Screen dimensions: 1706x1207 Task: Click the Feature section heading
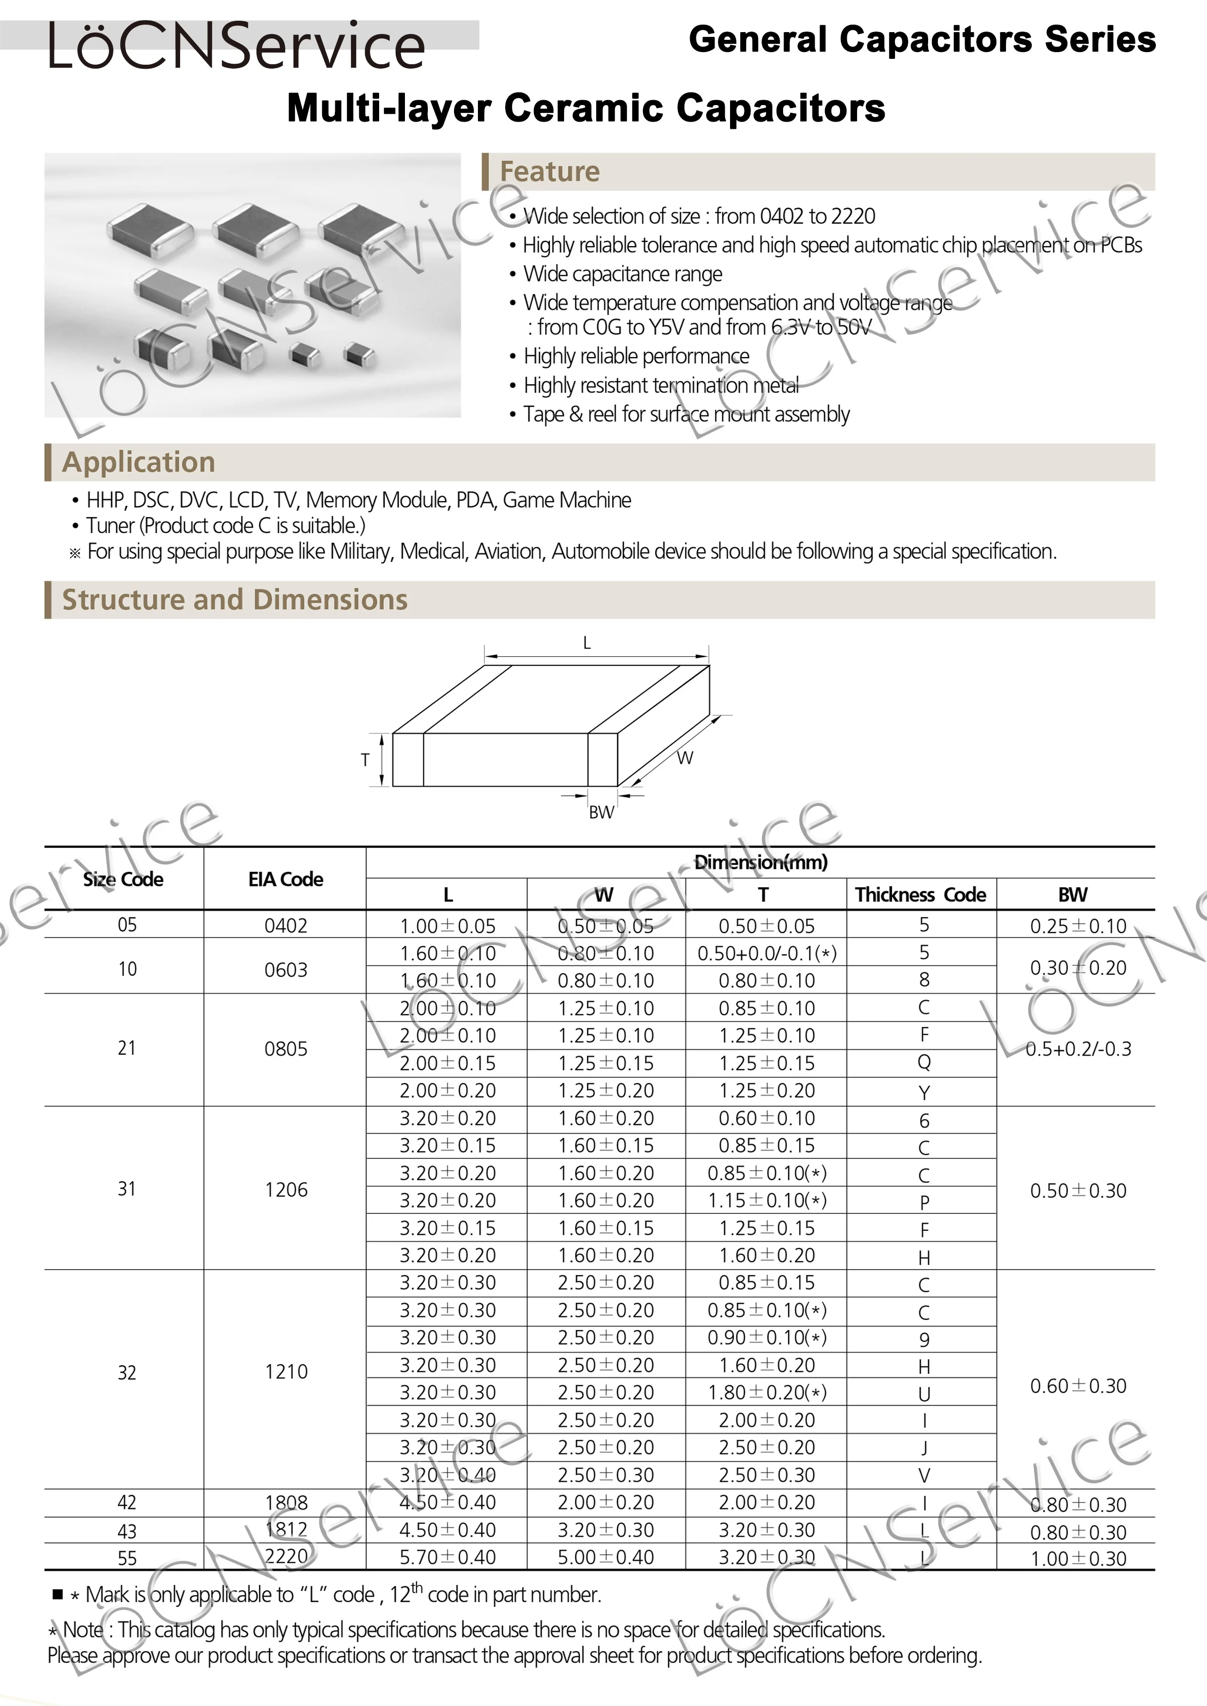pos(549,172)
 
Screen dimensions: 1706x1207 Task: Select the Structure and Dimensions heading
pos(235,600)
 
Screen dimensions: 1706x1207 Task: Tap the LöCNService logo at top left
pos(237,46)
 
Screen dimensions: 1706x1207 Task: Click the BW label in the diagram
pos(601,812)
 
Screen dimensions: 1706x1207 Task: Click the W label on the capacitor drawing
pos(684,758)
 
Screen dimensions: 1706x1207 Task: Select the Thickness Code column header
pos(920,895)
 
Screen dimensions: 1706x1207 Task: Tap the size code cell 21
pos(127,1048)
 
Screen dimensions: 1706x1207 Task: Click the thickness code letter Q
pos(924,1062)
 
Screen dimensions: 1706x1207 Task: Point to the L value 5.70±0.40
pos(447,1558)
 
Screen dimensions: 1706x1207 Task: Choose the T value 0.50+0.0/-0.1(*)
pos(766,953)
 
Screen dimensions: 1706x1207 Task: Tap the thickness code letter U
pos(924,1394)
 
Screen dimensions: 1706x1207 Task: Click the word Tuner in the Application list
pos(112,526)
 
